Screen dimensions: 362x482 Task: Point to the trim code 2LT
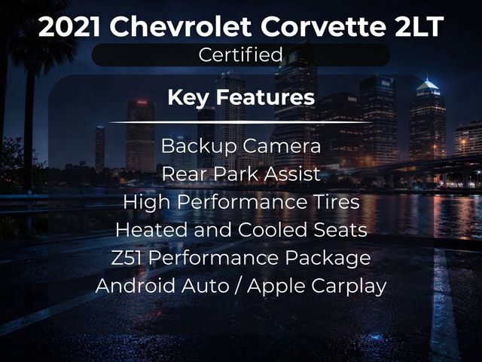click(418, 27)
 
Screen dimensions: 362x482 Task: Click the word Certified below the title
click(240, 54)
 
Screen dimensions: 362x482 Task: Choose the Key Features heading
click(240, 97)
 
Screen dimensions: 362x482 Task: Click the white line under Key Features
click(240, 121)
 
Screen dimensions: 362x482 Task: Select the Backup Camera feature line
click(240, 146)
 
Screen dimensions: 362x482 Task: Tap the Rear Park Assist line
click(240, 173)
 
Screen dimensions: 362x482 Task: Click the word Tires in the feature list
click(337, 201)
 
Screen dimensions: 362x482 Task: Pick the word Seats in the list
click(341, 229)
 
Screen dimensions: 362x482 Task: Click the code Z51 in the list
click(127, 258)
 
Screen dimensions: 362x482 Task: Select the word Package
click(332, 258)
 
